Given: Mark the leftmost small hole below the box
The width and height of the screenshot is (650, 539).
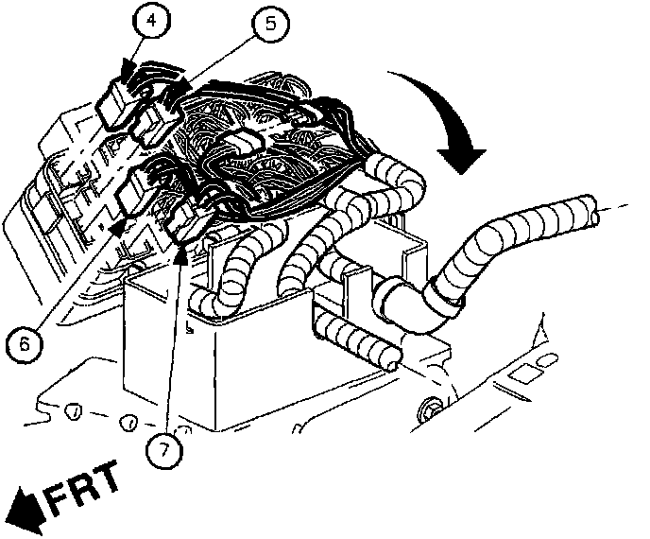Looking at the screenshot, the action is [72, 413].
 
